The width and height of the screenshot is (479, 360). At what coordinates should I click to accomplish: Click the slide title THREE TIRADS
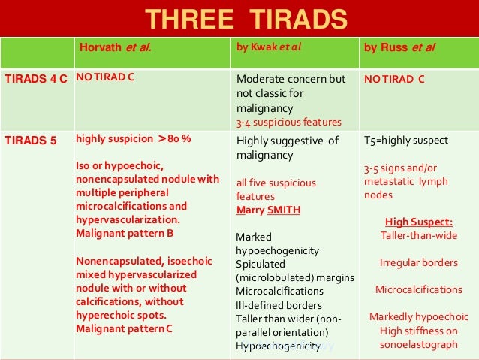coord(246,18)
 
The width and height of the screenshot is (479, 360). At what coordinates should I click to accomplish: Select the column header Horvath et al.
coord(116,50)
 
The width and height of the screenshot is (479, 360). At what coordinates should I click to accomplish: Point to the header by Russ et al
coord(399,50)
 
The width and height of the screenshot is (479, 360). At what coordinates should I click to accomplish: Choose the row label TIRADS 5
coord(30,140)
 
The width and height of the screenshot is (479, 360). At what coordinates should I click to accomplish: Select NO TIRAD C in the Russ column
coord(395,78)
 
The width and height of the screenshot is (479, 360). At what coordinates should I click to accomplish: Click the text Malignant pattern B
coord(125,233)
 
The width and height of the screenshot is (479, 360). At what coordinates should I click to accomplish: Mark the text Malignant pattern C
coord(125,328)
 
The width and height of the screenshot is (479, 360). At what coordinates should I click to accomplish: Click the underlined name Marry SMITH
coord(268,210)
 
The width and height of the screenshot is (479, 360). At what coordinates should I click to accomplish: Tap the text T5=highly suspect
coord(405,141)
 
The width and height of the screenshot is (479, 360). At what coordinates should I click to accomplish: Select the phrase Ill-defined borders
coord(279,305)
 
